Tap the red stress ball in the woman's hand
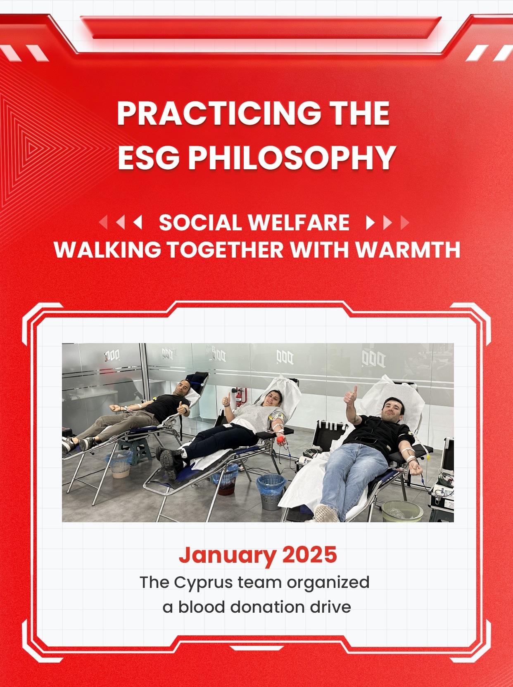pyautogui.click(x=280, y=440)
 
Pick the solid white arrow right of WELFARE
pyautogui.click(x=370, y=223)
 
